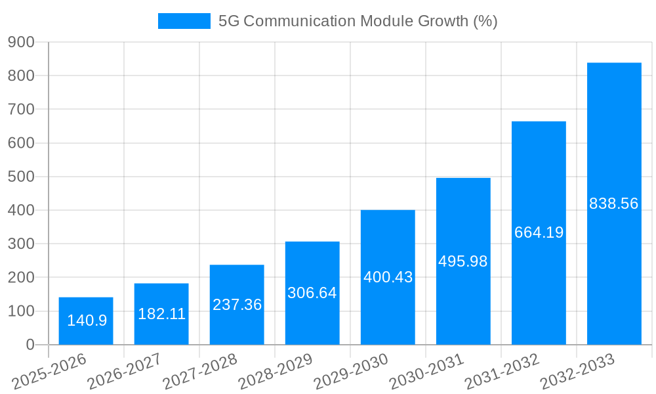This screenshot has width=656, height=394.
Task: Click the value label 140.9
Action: [x=87, y=320]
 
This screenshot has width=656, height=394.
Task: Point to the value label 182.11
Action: [x=161, y=314]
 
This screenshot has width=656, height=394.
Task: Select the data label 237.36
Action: [x=237, y=305]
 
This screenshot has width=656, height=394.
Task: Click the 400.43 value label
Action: [x=388, y=277]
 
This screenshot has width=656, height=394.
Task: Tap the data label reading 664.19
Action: [x=539, y=232]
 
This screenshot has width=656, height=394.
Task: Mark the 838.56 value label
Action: [x=614, y=204]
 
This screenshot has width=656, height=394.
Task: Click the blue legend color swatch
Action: [x=184, y=21]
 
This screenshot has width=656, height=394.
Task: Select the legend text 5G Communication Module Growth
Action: [x=358, y=21]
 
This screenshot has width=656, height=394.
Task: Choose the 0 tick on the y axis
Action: [x=30, y=345]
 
